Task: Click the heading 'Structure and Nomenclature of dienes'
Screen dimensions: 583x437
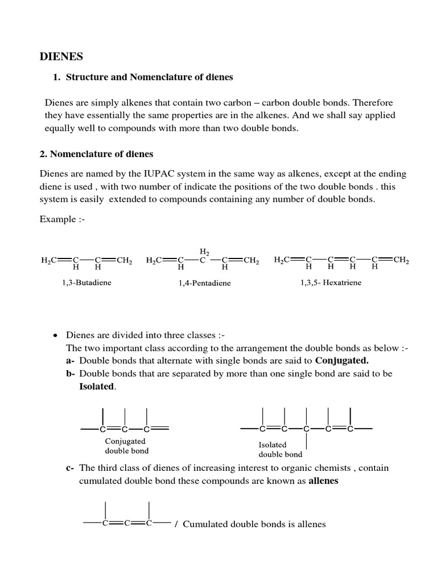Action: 150,77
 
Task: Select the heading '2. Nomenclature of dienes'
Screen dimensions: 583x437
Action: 96,154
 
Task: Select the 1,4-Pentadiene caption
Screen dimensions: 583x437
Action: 205,283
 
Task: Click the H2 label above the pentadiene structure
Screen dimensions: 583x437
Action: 204,251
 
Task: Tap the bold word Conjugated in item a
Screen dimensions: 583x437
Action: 341,360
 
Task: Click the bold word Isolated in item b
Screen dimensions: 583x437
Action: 97,387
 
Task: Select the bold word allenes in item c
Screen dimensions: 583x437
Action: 323,481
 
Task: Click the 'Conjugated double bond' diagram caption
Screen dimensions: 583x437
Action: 126,446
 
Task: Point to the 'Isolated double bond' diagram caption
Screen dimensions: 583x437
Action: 281,449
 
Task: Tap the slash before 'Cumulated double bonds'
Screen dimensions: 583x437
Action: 176,524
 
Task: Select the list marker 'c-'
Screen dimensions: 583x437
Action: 71,468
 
